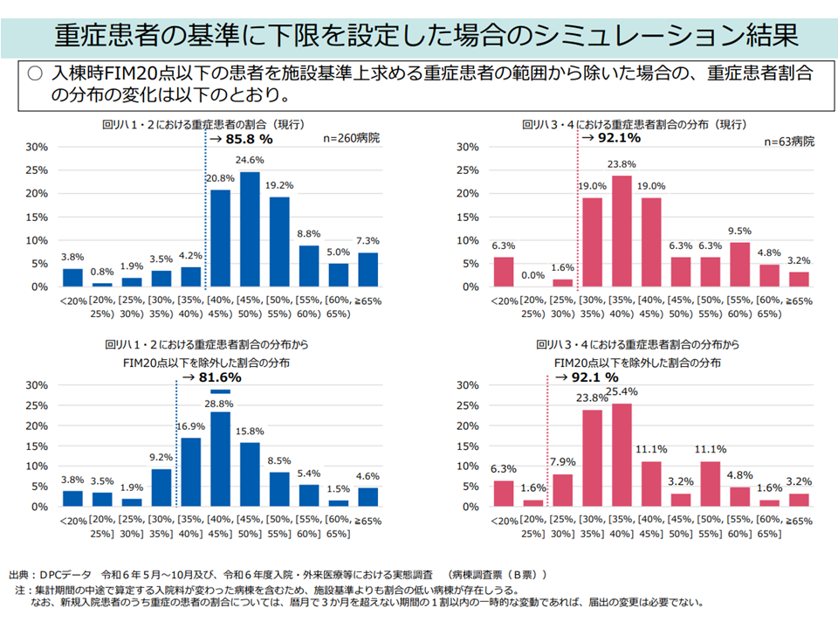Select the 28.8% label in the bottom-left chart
click(x=220, y=404)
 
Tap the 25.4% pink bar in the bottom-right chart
click(x=622, y=454)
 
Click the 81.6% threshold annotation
click(x=210, y=377)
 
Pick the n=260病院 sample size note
click(x=352, y=138)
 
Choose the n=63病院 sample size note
click(x=788, y=142)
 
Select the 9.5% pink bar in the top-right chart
click(x=740, y=264)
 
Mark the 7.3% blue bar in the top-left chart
click(x=368, y=269)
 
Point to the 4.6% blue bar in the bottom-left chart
click(x=368, y=496)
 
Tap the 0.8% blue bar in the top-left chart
click(x=102, y=284)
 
